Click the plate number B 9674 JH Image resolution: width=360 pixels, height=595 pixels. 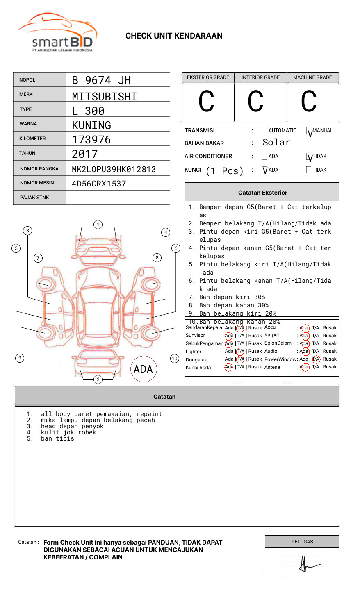[x=101, y=80]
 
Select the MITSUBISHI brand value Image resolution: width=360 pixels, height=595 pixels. [x=105, y=97]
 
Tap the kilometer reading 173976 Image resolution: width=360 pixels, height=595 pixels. [x=91, y=140]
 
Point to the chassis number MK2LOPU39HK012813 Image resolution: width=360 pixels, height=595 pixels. [x=114, y=169]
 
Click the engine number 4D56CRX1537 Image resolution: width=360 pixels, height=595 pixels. [x=99, y=184]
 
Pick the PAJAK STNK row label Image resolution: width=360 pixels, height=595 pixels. [x=34, y=198]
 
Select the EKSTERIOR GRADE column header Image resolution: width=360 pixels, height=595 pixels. [x=208, y=77]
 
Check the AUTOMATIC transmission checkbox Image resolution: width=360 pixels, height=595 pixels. [x=264, y=131]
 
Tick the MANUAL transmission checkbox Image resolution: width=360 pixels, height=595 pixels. [x=309, y=131]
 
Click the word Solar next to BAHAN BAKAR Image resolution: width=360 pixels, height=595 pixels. [x=276, y=143]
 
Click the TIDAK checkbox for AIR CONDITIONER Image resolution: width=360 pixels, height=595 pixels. [x=309, y=157]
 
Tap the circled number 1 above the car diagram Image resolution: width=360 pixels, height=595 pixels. [x=98, y=225]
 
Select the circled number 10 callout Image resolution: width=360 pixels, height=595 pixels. [x=175, y=359]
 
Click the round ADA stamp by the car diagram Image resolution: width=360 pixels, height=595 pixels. [x=143, y=369]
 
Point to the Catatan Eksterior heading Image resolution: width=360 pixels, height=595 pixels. [x=262, y=193]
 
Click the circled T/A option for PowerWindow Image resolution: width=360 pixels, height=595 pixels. [x=316, y=359]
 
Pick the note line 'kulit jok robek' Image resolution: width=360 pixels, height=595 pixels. [x=68, y=432]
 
